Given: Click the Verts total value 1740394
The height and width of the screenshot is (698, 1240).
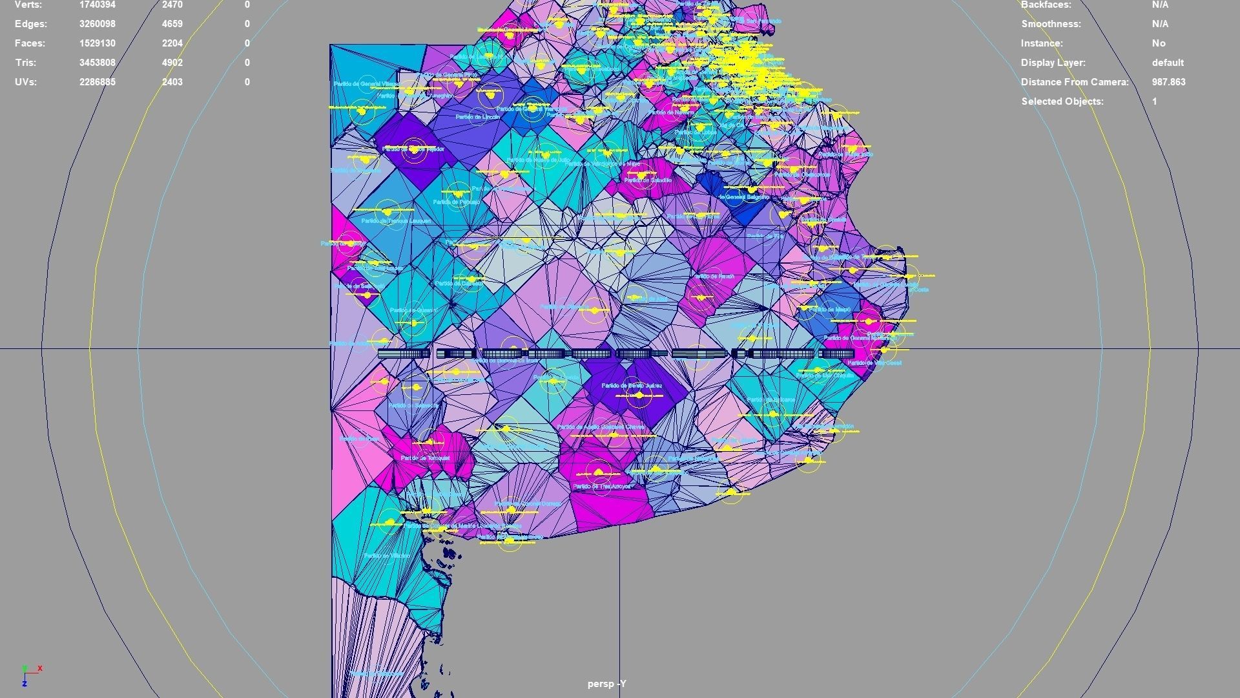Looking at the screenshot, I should tap(98, 5).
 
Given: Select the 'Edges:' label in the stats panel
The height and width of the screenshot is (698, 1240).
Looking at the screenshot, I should tap(31, 24).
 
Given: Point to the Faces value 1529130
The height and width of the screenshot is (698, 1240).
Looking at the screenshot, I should tap(98, 43).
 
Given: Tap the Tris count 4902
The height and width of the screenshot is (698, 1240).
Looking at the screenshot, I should tap(172, 63).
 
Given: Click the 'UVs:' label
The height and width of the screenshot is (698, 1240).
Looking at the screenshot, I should tap(26, 82).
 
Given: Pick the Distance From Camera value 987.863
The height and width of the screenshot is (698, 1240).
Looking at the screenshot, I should tap(1168, 82).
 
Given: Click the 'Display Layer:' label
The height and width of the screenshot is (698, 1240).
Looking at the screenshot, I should tap(1053, 63).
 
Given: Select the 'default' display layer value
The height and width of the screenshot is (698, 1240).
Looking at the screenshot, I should tap(1168, 63).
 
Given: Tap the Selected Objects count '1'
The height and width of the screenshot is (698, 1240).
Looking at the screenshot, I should tap(1155, 101).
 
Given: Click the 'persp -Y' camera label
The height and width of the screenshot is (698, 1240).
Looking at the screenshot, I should tap(606, 684).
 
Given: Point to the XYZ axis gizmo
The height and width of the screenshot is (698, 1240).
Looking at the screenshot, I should tap(30, 675).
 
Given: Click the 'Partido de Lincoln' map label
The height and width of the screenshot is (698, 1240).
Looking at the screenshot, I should tap(477, 117).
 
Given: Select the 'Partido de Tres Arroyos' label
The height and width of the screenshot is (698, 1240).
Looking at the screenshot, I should tap(601, 486).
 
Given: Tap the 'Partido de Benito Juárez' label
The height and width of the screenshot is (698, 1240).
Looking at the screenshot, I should tap(632, 386).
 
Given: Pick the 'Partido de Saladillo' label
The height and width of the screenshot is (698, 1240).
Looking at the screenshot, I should tap(648, 180).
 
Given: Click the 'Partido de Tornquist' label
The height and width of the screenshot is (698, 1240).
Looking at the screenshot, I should tap(425, 458).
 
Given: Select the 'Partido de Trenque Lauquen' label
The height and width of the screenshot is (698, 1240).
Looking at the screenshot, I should tap(396, 221).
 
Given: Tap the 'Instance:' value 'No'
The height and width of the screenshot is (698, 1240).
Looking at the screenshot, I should tap(1159, 43).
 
